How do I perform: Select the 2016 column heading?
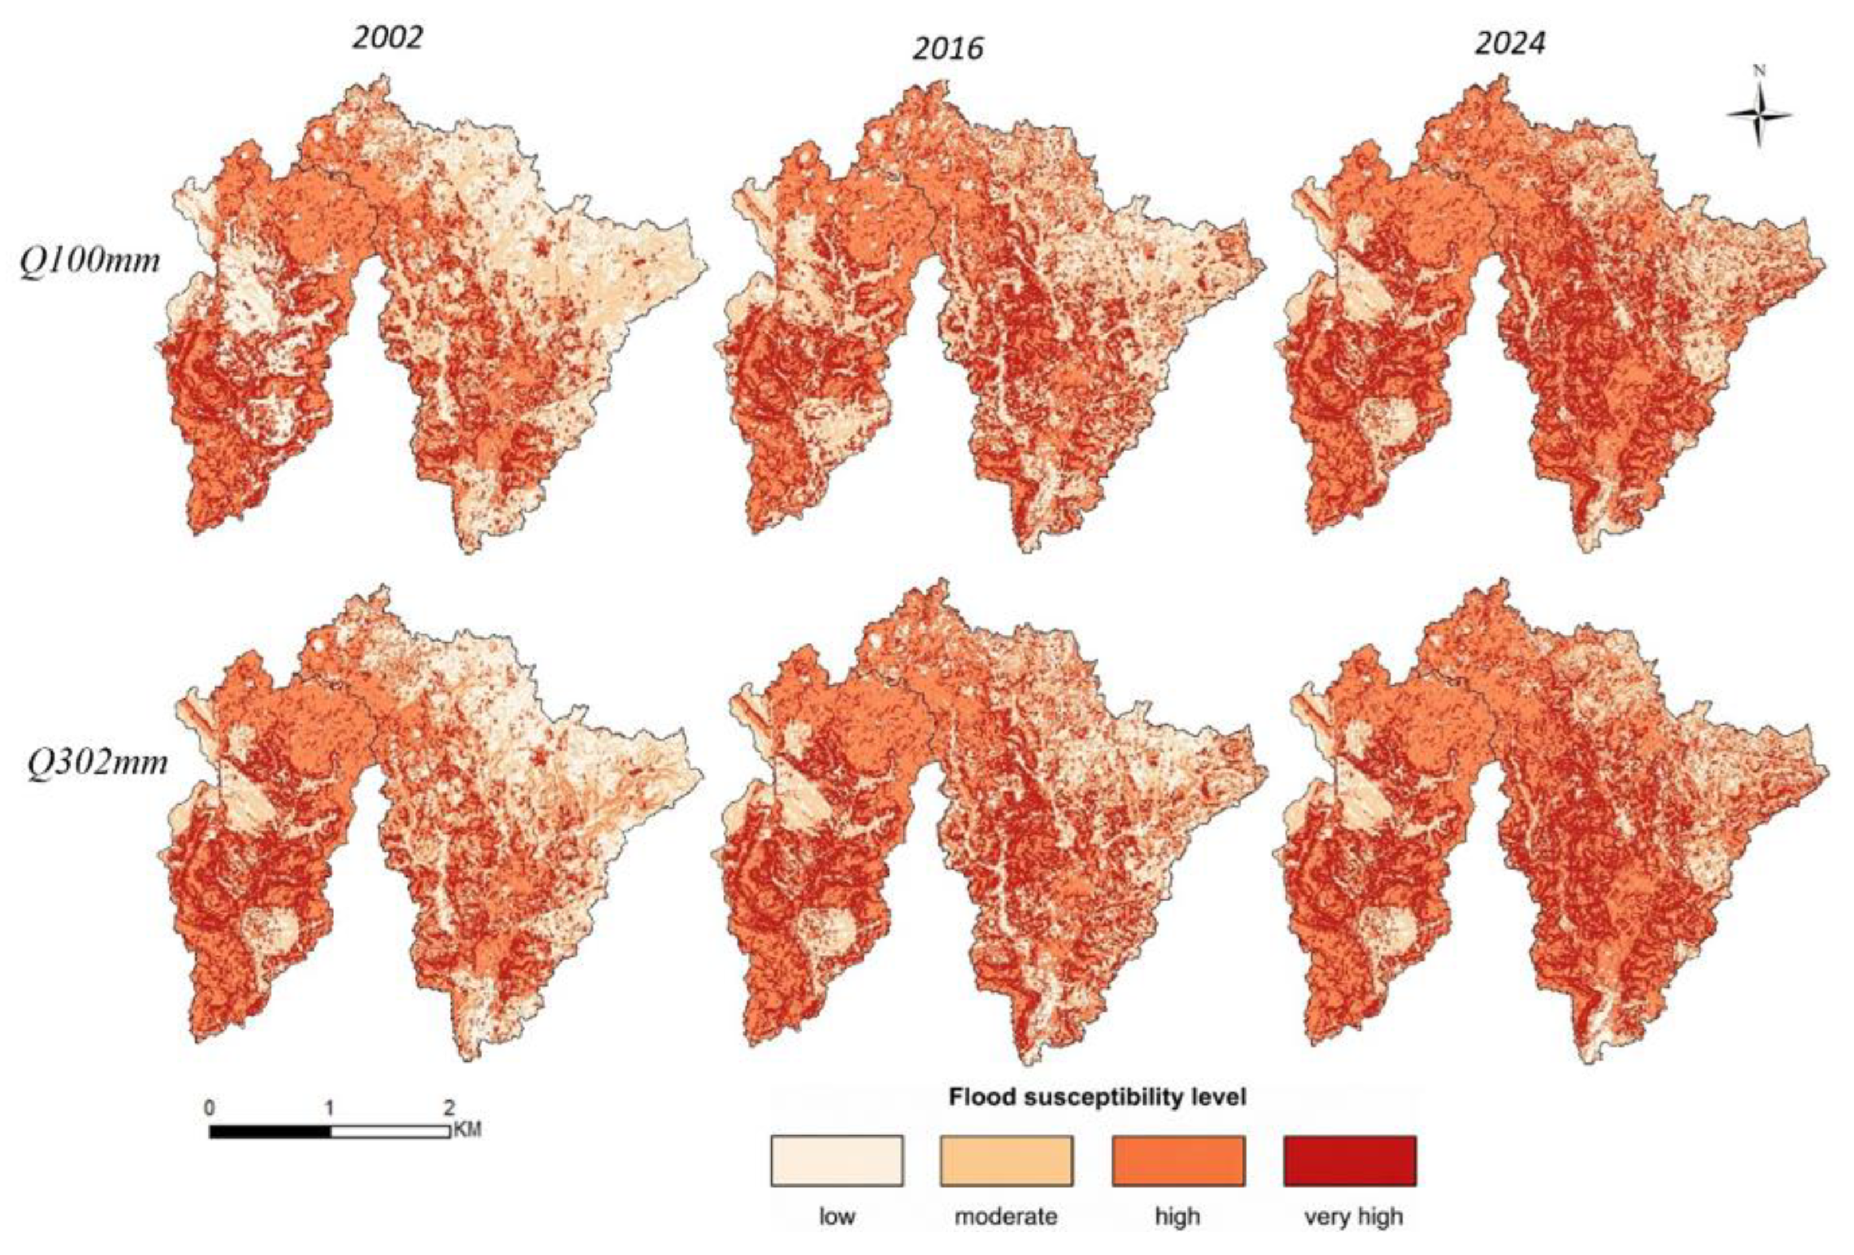pyautogui.click(x=948, y=49)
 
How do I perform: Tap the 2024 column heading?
pyautogui.click(x=1509, y=43)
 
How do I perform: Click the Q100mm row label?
pyautogui.click(x=90, y=261)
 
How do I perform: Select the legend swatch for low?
pyautogui.click(x=837, y=1161)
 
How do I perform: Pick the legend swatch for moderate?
pyautogui.click(x=1007, y=1161)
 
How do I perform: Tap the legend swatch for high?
pyautogui.click(x=1177, y=1161)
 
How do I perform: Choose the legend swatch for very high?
pyautogui.click(x=1350, y=1161)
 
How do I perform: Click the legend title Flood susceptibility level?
pyautogui.click(x=1097, y=1098)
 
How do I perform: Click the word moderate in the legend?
pyautogui.click(x=1006, y=1217)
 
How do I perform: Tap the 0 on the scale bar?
pyautogui.click(x=209, y=1108)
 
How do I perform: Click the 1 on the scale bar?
pyautogui.click(x=329, y=1108)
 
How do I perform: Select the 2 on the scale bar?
pyautogui.click(x=449, y=1108)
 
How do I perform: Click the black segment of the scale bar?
pyautogui.click(x=269, y=1131)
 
